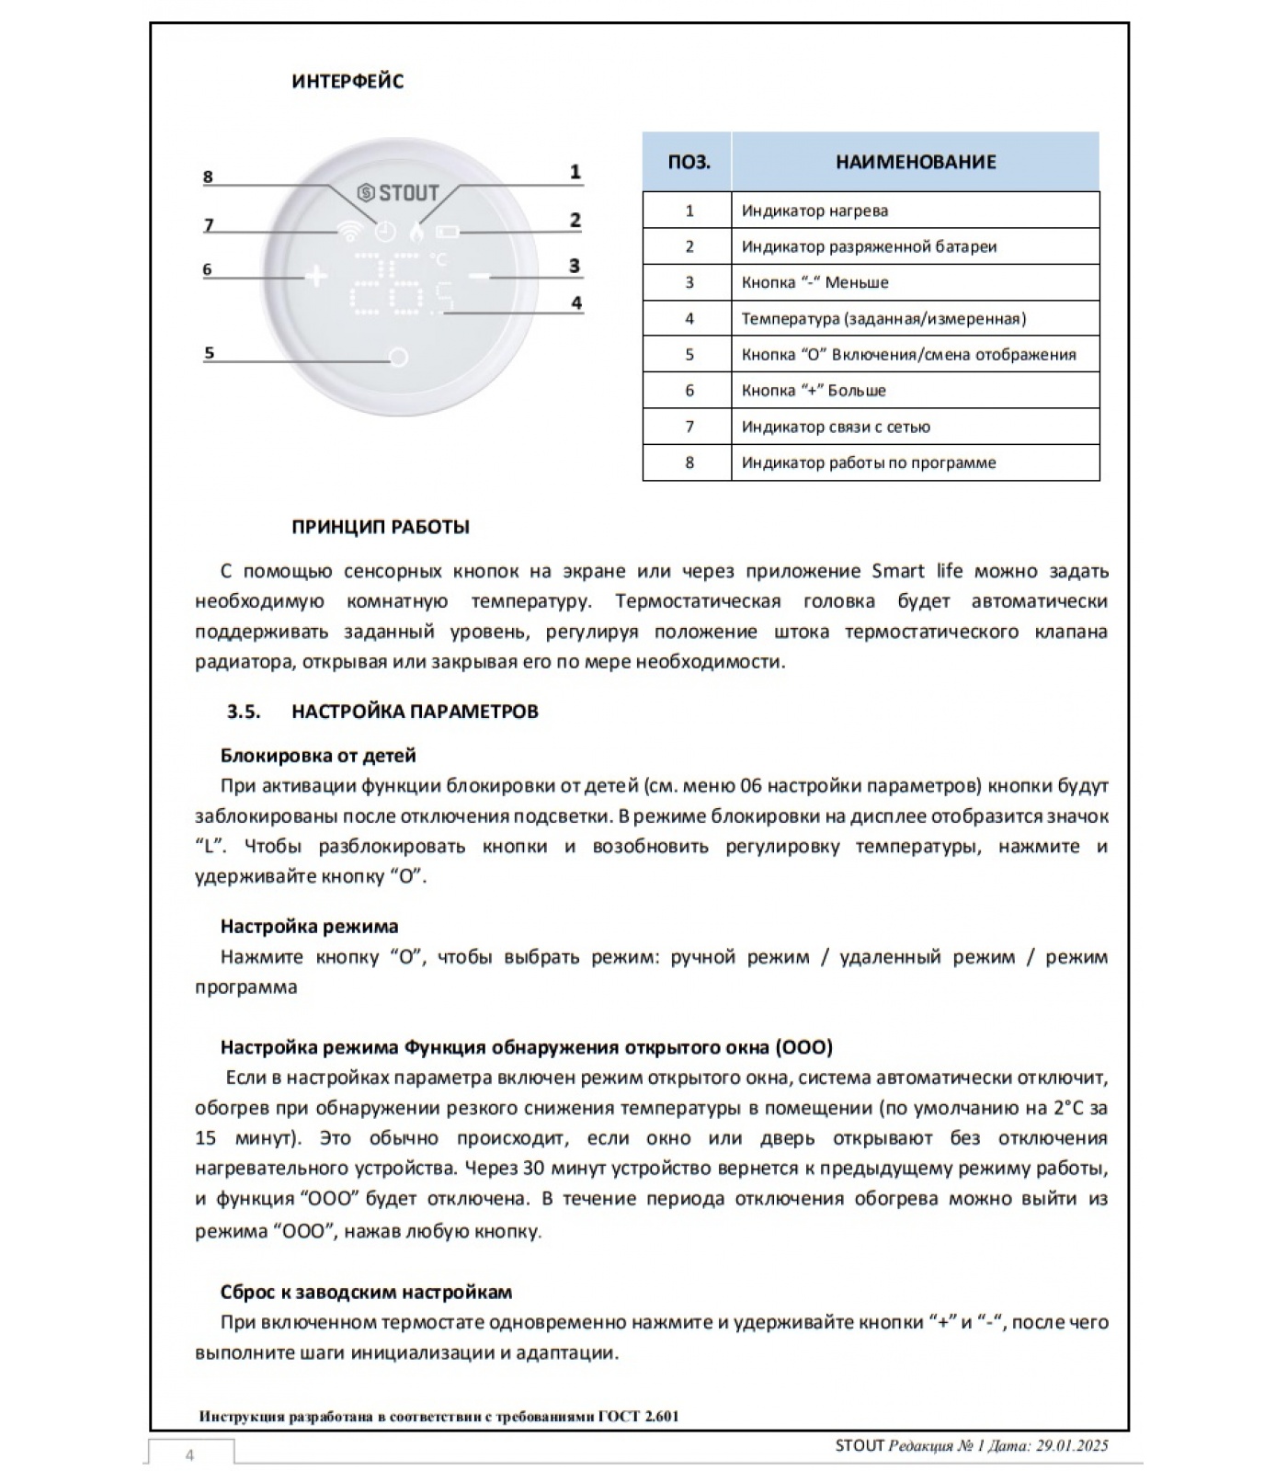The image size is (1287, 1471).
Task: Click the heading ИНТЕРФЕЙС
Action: [x=347, y=82]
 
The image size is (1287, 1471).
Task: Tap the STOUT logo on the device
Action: [x=398, y=194]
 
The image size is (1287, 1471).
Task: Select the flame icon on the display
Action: [x=419, y=232]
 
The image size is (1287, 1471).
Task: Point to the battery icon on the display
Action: [x=449, y=232]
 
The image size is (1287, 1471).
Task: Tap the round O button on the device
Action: [x=398, y=358]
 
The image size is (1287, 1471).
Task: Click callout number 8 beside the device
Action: [x=208, y=177]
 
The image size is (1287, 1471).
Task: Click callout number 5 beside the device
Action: [x=209, y=353]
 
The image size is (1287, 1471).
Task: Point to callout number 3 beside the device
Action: [x=575, y=266]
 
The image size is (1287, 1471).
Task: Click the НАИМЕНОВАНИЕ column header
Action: [x=915, y=162]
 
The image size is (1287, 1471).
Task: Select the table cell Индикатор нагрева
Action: [x=814, y=211]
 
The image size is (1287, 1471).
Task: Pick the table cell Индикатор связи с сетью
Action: [x=836, y=427]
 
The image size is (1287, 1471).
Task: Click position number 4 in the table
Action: [x=689, y=319]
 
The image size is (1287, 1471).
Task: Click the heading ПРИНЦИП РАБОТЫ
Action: [x=381, y=528]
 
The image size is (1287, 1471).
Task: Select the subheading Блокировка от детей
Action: [x=318, y=756]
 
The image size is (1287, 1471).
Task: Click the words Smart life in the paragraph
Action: [x=917, y=571]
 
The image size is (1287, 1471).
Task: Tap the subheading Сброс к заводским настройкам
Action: [x=366, y=1292]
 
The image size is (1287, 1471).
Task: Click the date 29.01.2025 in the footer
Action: [x=1070, y=1445]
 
